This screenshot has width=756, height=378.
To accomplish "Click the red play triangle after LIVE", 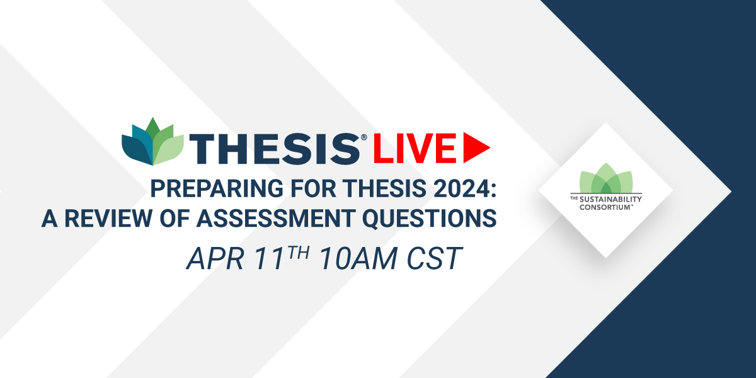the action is (475, 147).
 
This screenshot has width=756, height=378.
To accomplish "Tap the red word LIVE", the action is (415, 148).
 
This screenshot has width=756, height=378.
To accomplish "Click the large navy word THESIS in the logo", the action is (275, 149).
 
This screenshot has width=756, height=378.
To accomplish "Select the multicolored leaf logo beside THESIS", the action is (152, 141).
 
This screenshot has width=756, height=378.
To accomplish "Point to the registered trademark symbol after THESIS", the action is (364, 137).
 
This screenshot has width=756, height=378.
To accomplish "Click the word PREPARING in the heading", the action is (217, 188).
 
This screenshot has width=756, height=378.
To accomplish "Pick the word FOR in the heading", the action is (313, 188).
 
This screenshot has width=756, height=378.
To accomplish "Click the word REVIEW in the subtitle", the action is (108, 219).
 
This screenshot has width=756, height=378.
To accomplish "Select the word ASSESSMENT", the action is (276, 219).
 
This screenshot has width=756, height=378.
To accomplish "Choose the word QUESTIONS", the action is (430, 219).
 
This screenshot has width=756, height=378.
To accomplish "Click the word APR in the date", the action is (215, 259).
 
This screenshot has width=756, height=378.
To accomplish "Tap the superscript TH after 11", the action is (298, 253).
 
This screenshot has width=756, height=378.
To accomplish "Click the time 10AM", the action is (358, 259).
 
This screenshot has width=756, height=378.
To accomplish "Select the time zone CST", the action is (435, 259).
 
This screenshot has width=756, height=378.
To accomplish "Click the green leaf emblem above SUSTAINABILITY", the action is (606, 178).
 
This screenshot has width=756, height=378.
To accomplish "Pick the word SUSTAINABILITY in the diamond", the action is (610, 200).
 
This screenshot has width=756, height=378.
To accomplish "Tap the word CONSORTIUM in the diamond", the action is (605, 207).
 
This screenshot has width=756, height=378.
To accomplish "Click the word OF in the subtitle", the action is (174, 219).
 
